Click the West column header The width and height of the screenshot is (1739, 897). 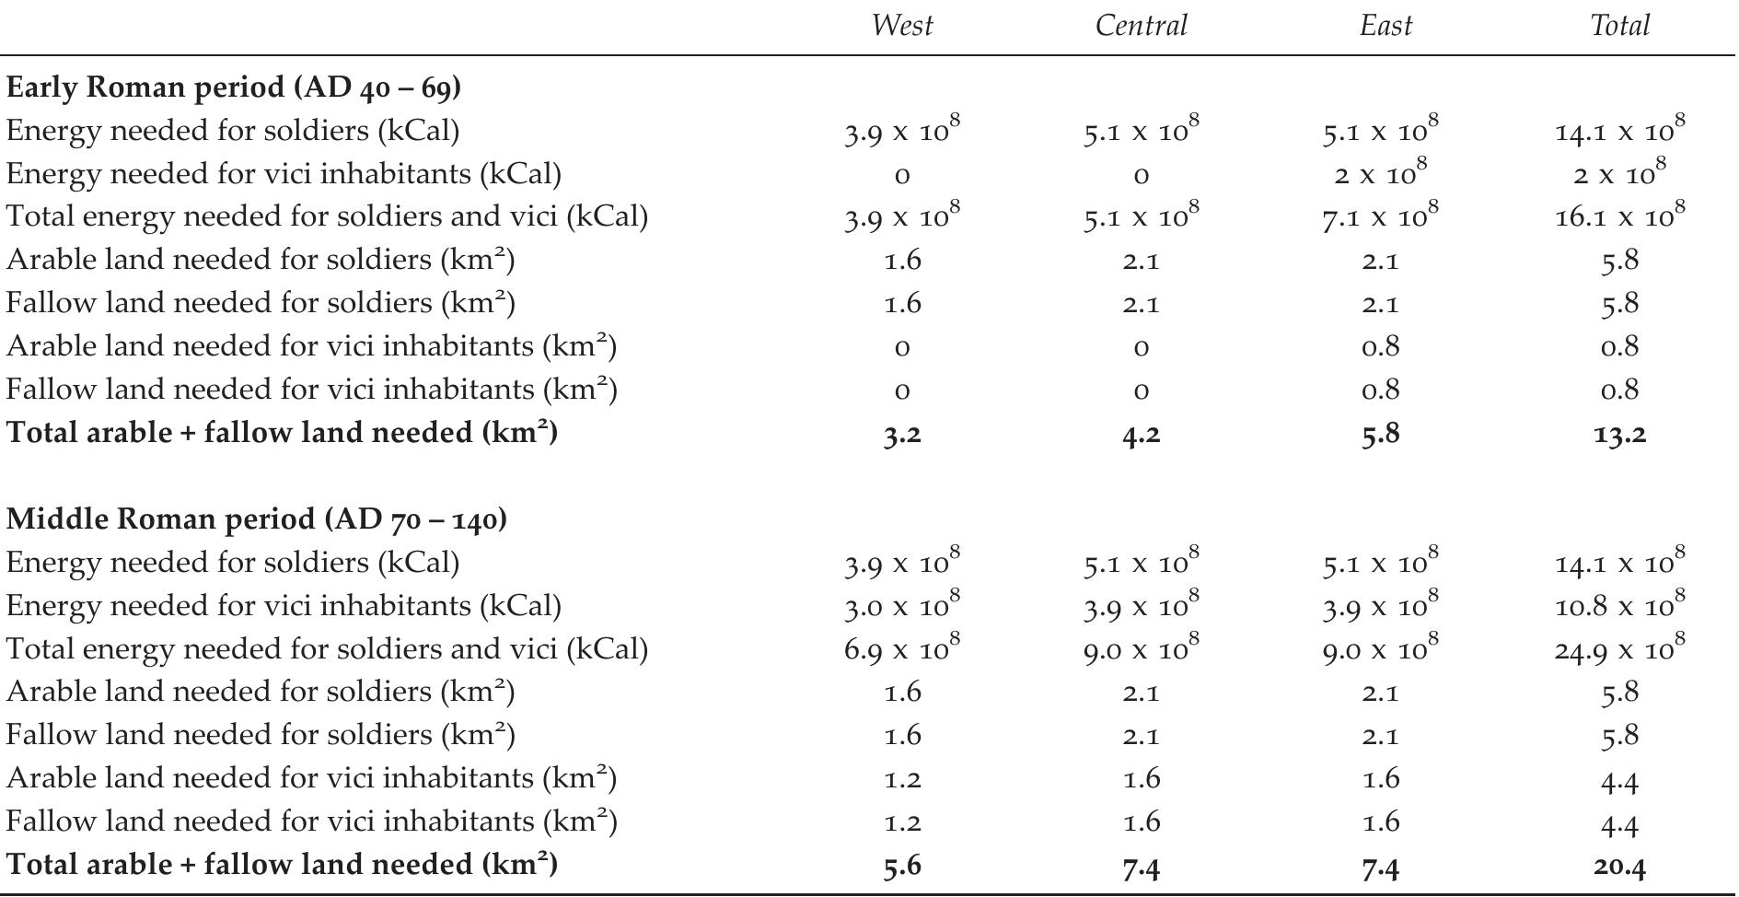pos(901,26)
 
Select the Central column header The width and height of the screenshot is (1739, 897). pos(1141,26)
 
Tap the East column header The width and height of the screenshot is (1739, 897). pos(1385,26)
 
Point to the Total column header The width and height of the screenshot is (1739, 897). pos(1619,26)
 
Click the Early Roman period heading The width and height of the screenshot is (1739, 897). pos(233,87)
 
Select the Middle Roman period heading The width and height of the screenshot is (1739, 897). pos(256,519)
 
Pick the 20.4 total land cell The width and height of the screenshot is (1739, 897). pos(1619,866)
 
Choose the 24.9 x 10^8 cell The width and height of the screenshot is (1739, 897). pos(1619,649)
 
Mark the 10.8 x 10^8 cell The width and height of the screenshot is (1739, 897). pos(1619,606)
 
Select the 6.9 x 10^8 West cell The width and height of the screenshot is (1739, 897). pos(901,649)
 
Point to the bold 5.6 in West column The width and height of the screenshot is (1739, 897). pos(901,866)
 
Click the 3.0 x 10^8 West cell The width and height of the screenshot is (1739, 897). pos(901,606)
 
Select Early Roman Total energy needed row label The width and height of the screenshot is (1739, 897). pos(327,216)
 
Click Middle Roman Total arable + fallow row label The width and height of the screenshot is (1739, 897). pos(282,865)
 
